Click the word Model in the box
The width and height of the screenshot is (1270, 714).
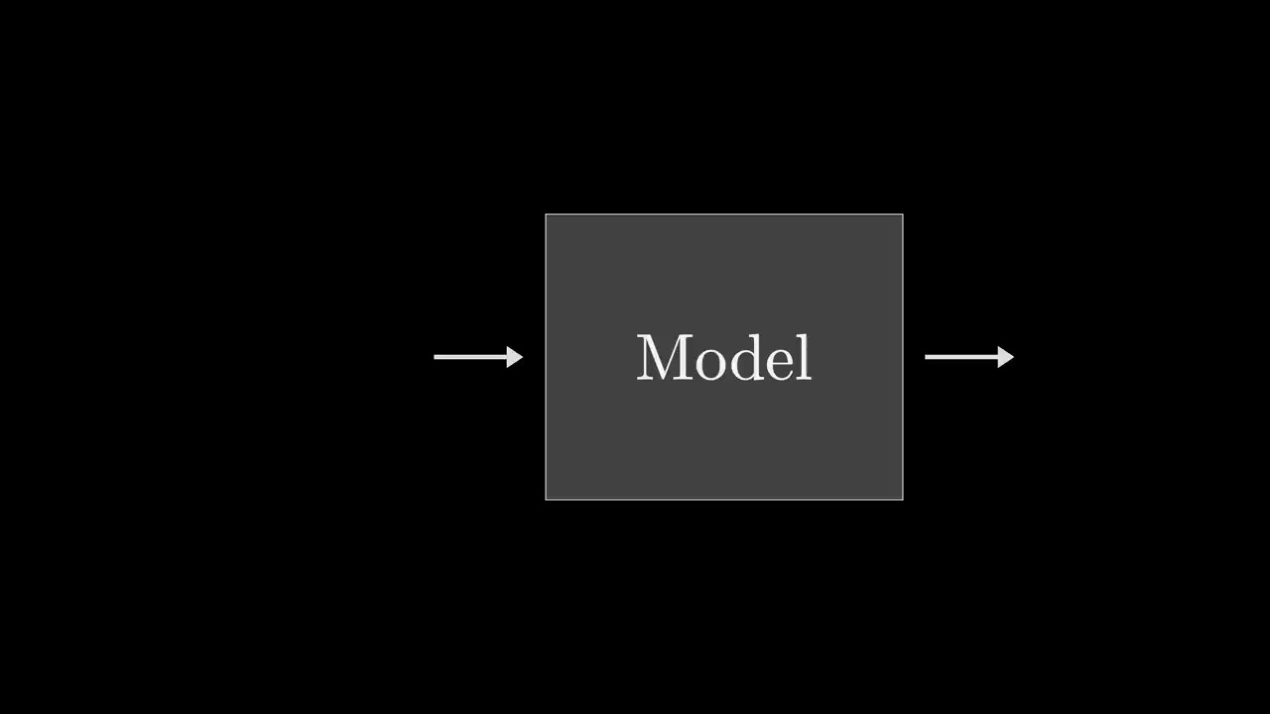pos(723,358)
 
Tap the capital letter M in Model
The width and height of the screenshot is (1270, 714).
pos(664,358)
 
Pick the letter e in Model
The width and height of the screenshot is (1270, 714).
pos(777,363)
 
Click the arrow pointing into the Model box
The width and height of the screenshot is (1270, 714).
pos(477,357)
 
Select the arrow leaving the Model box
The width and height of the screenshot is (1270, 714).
pos(968,357)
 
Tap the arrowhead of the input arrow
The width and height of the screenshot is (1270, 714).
pos(514,357)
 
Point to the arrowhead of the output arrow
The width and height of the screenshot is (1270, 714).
pos(1005,357)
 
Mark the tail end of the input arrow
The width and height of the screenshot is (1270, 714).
pos(436,357)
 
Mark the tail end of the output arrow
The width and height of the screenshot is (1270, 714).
pos(927,357)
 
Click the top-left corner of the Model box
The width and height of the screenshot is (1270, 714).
pos(546,214)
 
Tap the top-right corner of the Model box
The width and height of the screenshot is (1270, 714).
pos(903,214)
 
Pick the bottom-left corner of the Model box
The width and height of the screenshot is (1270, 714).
pos(546,500)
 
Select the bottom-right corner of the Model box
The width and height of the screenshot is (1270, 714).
pos(903,500)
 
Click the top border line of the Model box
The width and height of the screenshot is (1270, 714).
pos(724,214)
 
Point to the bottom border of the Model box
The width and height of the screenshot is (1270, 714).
pos(724,500)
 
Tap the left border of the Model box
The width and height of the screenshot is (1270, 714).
pos(546,357)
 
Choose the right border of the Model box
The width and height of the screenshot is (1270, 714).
pos(903,357)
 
